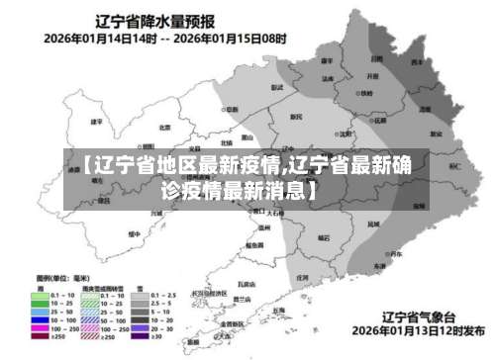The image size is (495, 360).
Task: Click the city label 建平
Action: tap(97, 122)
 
